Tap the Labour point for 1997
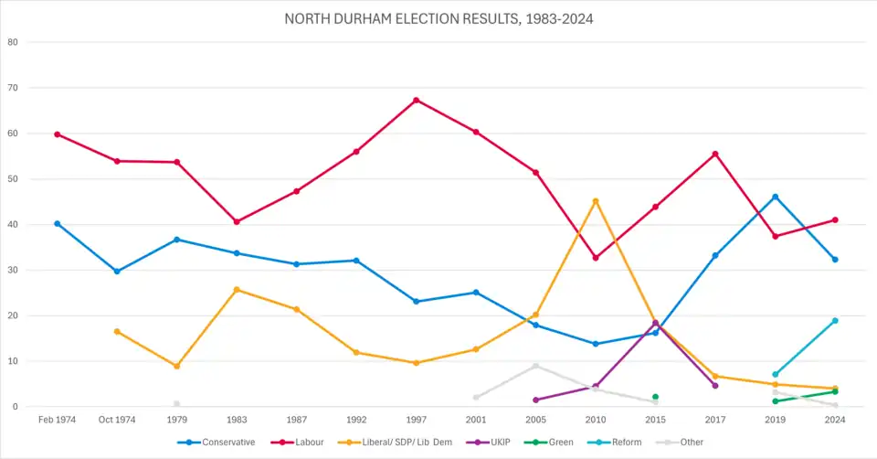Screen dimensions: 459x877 click(x=417, y=100)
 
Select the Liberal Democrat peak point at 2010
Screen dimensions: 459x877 click(x=596, y=201)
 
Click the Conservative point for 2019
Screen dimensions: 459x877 click(x=775, y=197)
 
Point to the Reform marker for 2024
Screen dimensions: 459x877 click(x=835, y=321)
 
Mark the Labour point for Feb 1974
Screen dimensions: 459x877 click(x=58, y=134)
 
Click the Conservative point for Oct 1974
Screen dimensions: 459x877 click(x=117, y=272)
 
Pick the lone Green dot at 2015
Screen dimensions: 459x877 click(x=655, y=397)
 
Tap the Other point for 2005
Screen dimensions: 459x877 click(x=535, y=366)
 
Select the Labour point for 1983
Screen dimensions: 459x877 click(x=237, y=221)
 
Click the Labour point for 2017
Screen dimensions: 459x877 click(x=714, y=154)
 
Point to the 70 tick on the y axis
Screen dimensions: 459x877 click(x=13, y=88)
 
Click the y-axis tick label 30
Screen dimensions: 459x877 click(x=13, y=270)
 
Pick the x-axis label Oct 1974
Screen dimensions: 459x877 click(x=117, y=420)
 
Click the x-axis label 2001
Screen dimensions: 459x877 click(x=476, y=420)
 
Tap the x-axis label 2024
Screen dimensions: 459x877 click(x=835, y=420)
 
